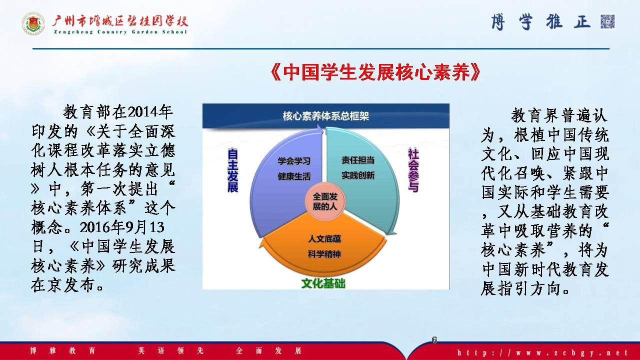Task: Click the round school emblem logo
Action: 33,23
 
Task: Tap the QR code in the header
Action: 607,21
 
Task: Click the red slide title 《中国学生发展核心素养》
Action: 375,72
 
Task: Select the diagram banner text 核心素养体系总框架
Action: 325,116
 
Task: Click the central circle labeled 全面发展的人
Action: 325,201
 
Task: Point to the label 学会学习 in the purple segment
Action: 294,161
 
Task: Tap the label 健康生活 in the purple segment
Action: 294,176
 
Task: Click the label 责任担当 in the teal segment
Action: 358,160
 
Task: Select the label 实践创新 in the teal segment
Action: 358,175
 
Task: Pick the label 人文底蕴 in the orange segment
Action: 324,239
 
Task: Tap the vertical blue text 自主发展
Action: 232,170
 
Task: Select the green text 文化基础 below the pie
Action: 323,283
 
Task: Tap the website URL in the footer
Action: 542,352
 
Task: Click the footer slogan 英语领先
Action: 171,350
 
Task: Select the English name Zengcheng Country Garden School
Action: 120,32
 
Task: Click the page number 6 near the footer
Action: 434,339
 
